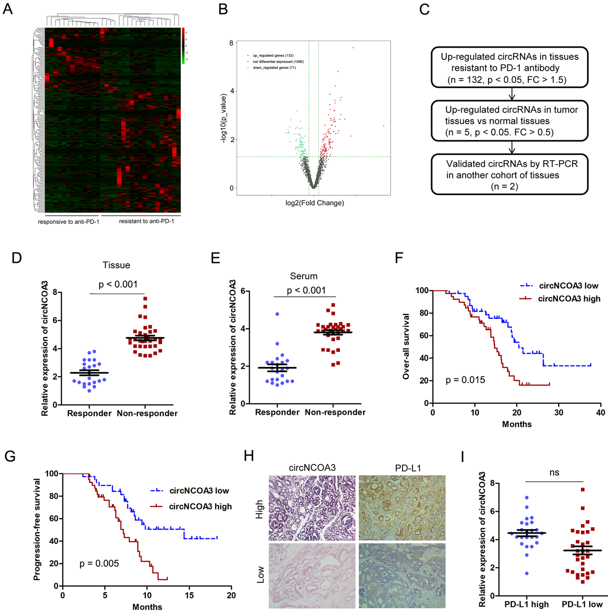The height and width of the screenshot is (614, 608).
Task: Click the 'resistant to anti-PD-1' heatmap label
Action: (x=147, y=221)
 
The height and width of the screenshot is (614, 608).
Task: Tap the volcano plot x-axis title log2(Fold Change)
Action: (x=315, y=203)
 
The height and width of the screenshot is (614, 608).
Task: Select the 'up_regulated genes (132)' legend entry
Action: (x=273, y=56)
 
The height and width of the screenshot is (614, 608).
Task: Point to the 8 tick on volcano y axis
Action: (x=231, y=43)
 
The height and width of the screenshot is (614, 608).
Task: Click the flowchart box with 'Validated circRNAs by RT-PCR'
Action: (x=509, y=175)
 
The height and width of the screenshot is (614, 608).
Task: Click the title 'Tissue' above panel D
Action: (x=116, y=265)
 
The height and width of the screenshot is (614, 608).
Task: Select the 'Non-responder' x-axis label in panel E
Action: (x=335, y=412)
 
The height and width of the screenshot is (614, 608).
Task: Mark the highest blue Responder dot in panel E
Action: (x=277, y=314)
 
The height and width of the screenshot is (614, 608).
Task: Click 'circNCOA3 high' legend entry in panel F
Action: (x=569, y=299)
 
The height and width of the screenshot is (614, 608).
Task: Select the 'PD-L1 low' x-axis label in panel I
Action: (x=582, y=604)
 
